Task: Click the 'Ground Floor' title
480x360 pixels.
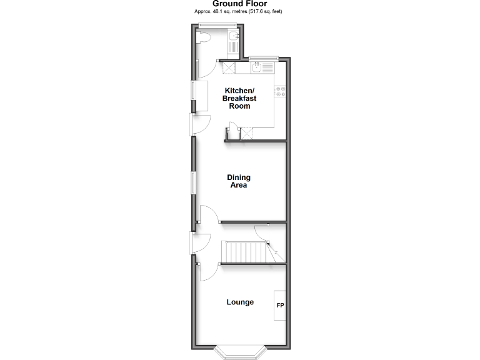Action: [239, 4]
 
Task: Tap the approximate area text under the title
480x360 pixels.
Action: [239, 11]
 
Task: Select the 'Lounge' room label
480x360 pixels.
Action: [240, 302]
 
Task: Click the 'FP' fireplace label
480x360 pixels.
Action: [280, 306]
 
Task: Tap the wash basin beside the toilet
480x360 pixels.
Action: [232, 42]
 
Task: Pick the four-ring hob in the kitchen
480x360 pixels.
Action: [280, 91]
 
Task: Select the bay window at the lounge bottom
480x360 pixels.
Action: [240, 353]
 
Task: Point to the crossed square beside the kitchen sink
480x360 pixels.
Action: [229, 69]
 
